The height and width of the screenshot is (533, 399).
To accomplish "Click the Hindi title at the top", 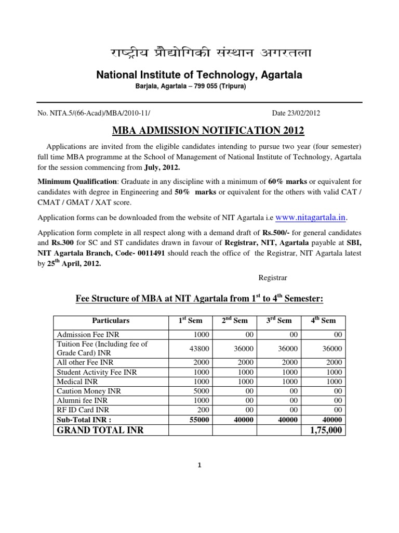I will click(x=199, y=54).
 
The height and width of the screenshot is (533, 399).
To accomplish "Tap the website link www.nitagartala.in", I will click(x=311, y=216).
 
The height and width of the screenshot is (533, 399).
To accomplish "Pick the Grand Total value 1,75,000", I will click(x=325, y=430).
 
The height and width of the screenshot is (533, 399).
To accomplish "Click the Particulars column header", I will click(x=111, y=321).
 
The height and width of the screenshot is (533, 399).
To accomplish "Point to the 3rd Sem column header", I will click(x=279, y=321).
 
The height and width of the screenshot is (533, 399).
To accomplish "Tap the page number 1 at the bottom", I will click(x=199, y=466).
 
